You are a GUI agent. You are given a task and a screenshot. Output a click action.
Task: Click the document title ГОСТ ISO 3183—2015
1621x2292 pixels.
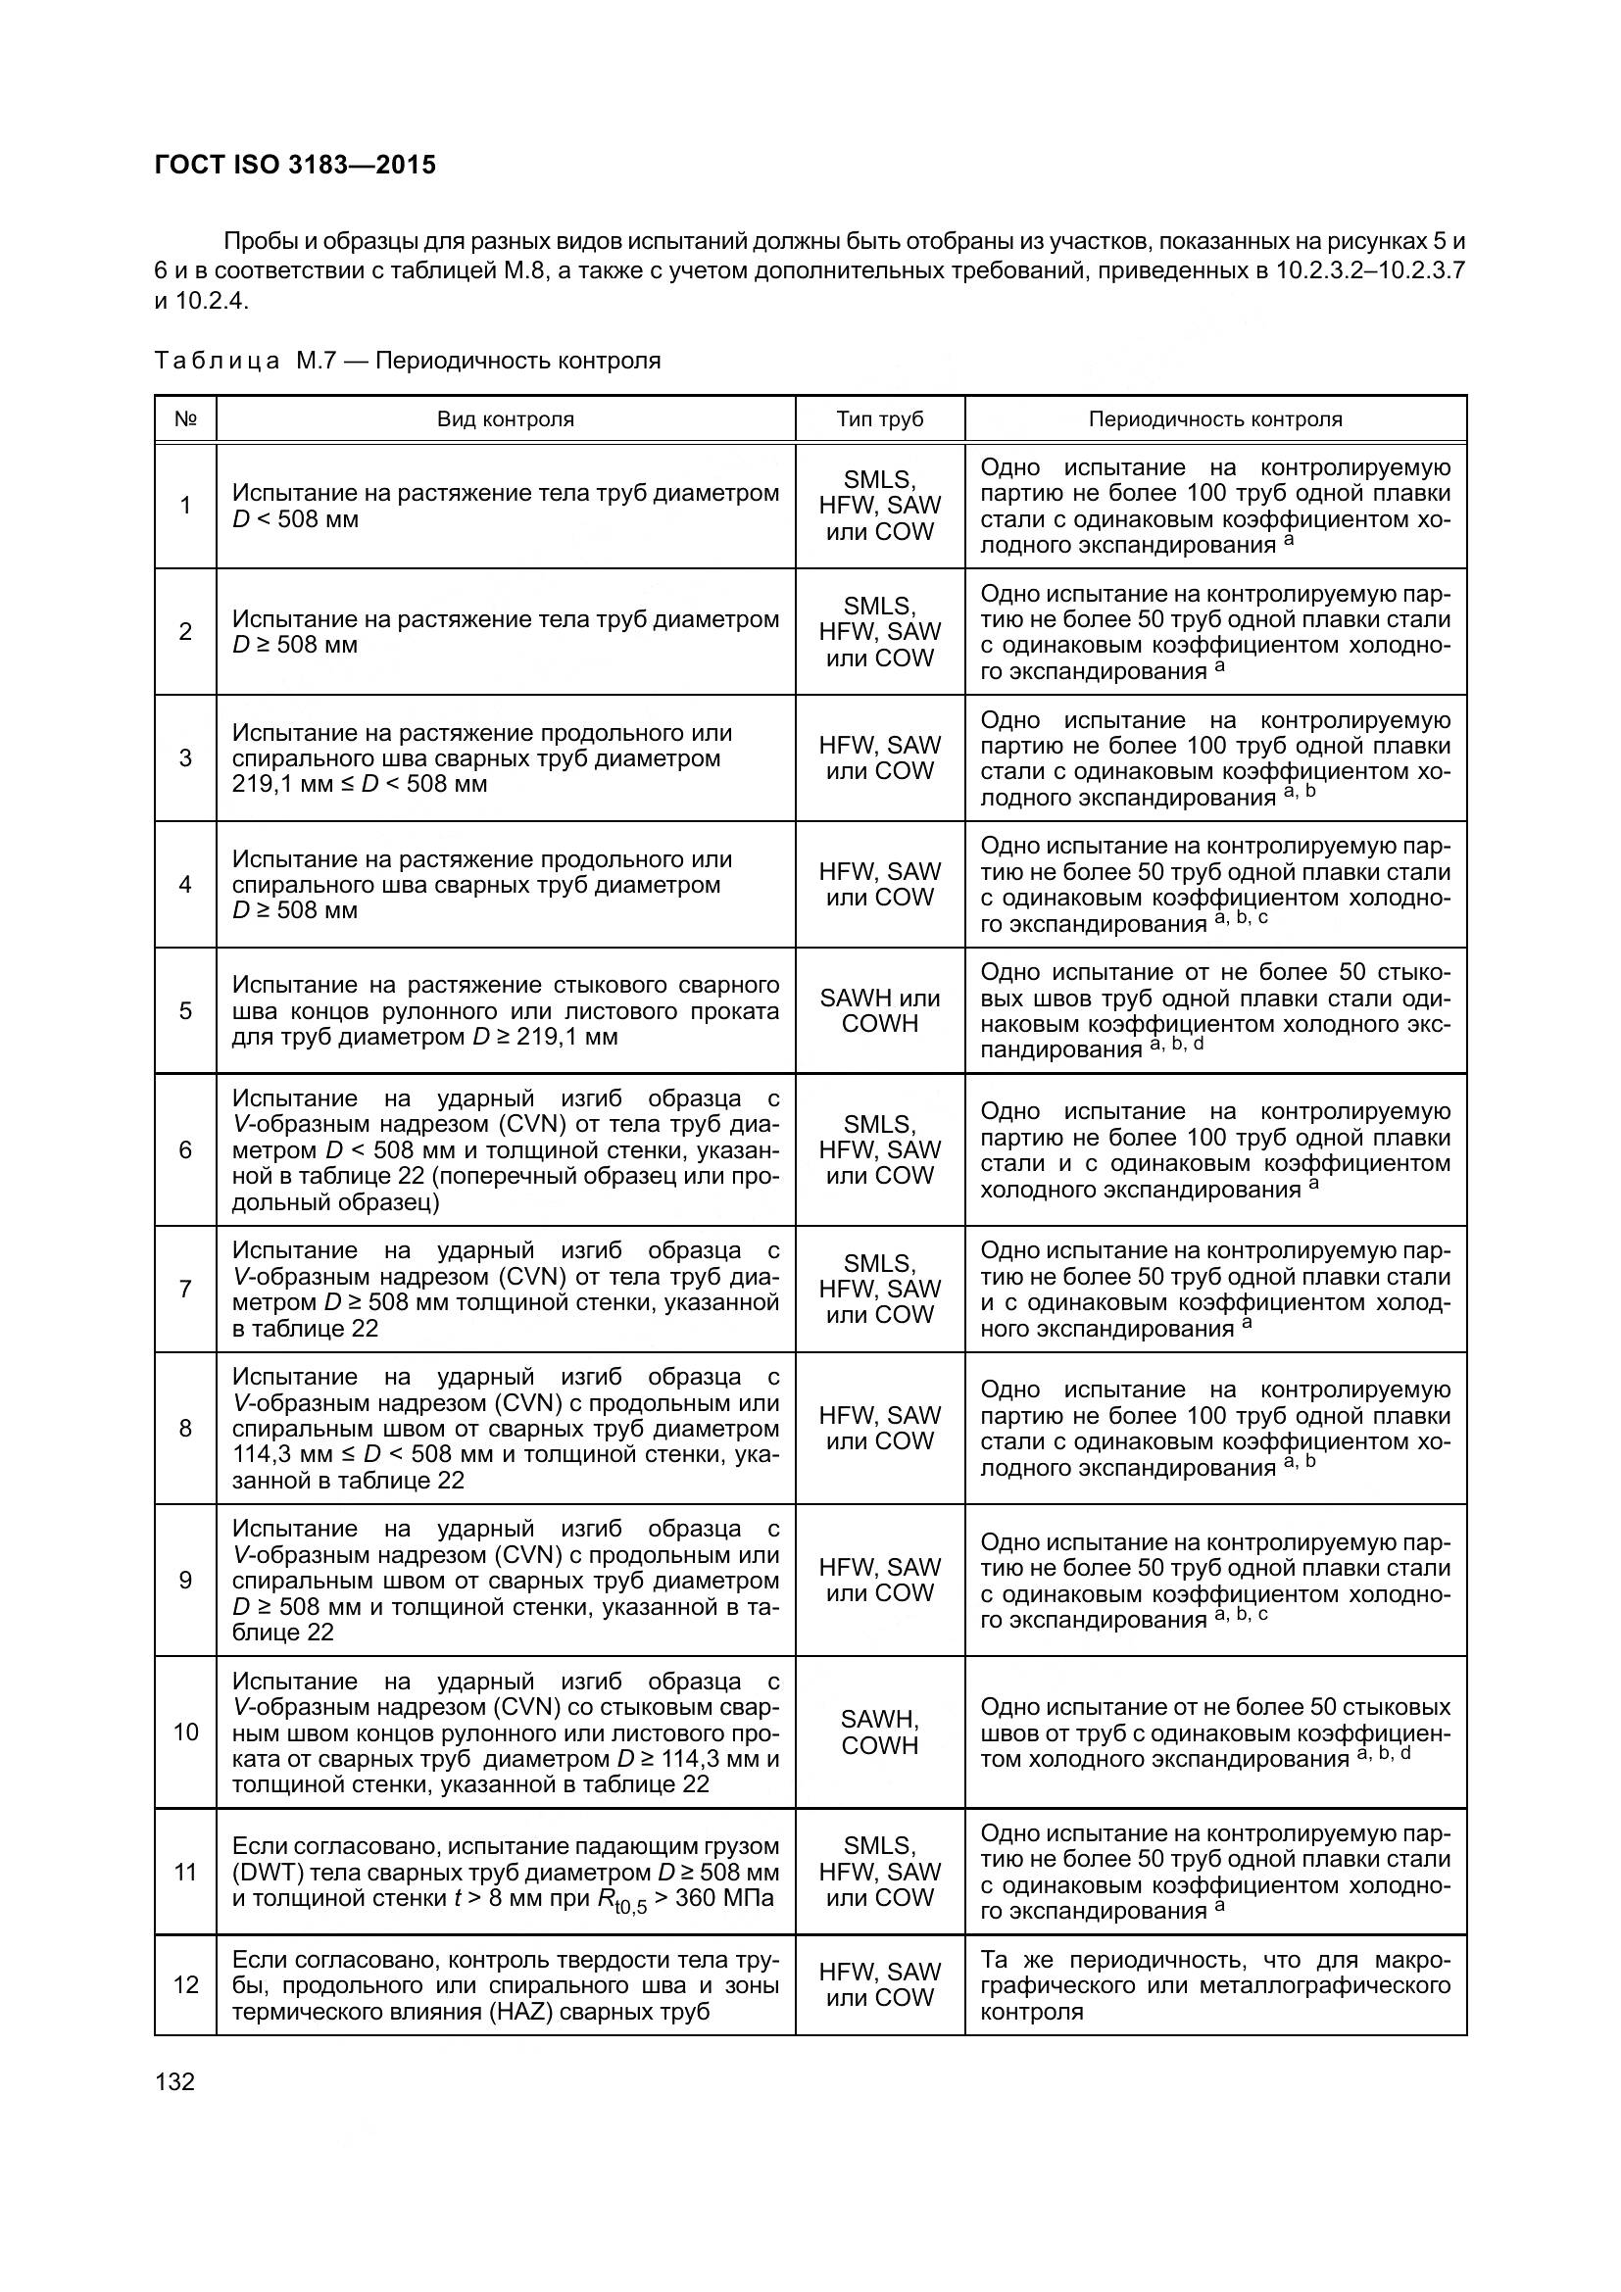coord(295,166)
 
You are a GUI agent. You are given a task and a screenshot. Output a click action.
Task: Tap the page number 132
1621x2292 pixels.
coord(175,2081)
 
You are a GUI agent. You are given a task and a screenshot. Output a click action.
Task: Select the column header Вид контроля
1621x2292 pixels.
coord(505,419)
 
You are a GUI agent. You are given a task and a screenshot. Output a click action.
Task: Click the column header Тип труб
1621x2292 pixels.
coord(879,419)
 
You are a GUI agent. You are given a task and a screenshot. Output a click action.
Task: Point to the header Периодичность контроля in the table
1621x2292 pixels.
coord(1214,419)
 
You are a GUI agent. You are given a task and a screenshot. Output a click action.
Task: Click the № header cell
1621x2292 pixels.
coord(185,419)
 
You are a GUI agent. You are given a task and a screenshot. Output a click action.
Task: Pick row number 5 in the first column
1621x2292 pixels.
coord(185,1010)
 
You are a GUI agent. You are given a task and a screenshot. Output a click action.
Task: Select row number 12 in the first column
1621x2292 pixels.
coord(185,1984)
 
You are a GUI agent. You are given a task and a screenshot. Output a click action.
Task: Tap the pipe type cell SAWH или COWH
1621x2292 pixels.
coord(879,1010)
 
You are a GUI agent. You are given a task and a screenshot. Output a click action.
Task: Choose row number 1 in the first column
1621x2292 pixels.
coord(185,506)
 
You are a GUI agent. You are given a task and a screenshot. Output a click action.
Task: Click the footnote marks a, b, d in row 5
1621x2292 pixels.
coord(1177,1045)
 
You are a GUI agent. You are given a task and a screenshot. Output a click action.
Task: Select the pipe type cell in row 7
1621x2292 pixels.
coord(879,1289)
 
